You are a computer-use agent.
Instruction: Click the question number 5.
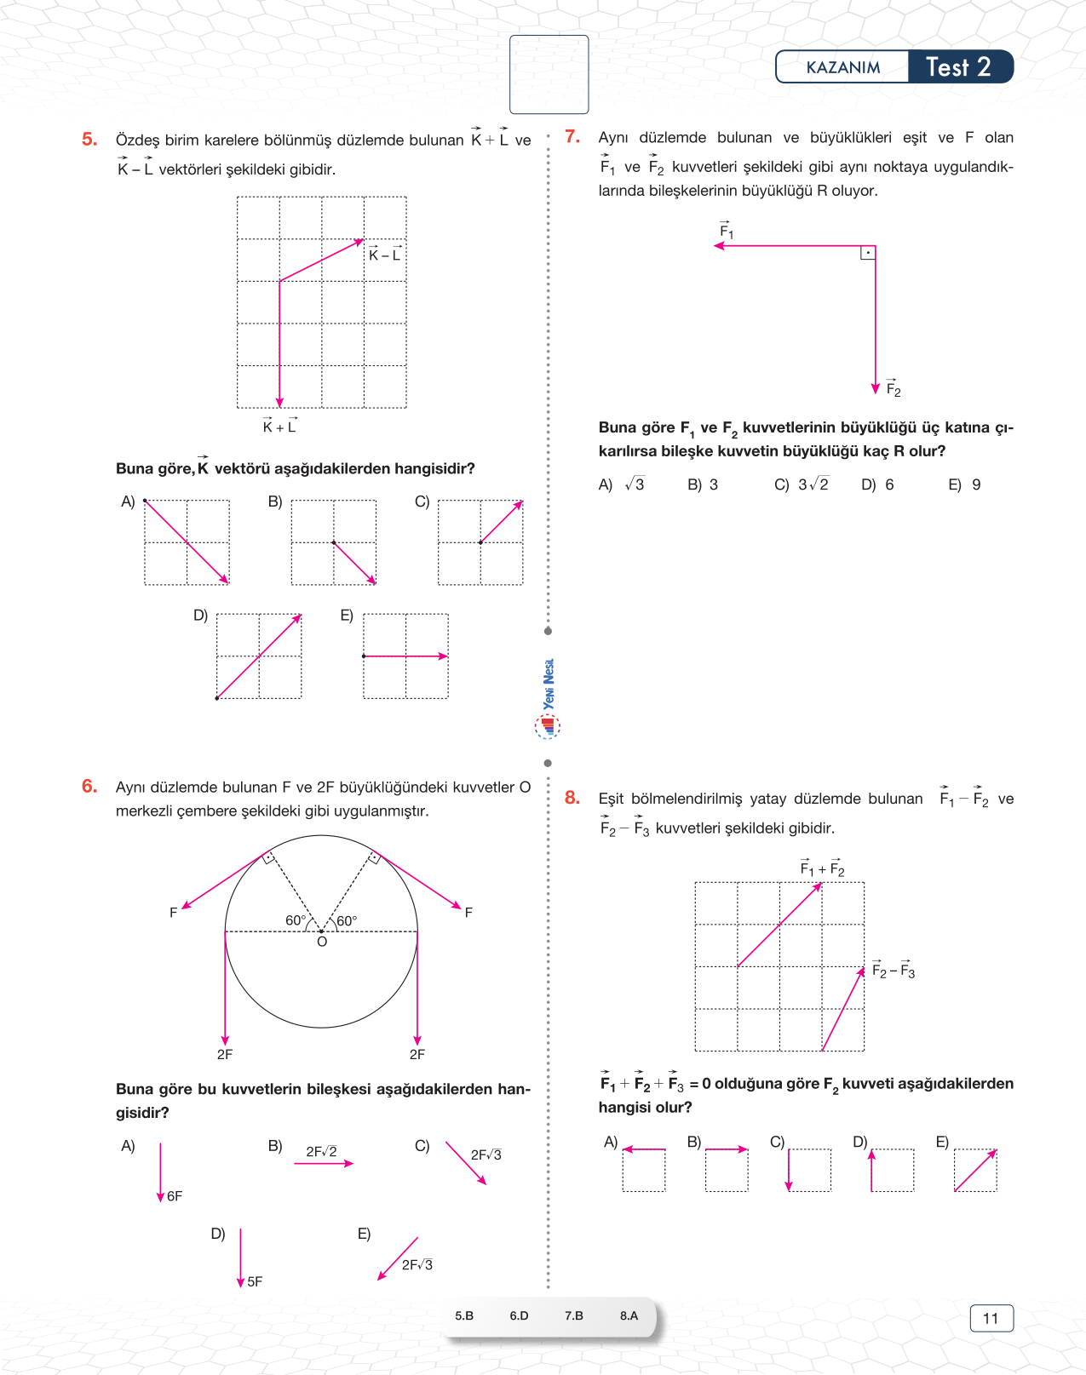[x=89, y=140]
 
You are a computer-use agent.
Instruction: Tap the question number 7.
[x=572, y=137]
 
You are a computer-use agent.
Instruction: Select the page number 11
[x=991, y=1318]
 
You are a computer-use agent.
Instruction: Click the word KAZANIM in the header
[x=842, y=67]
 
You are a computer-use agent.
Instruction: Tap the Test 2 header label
[x=958, y=67]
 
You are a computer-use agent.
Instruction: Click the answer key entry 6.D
[x=519, y=1315]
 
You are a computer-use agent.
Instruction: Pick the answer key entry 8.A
[x=629, y=1315]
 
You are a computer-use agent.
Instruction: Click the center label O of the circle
[x=322, y=942]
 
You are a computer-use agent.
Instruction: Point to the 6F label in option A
[x=175, y=1196]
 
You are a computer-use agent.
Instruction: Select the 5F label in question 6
[x=255, y=1281]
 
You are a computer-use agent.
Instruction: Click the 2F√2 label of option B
[x=321, y=1152]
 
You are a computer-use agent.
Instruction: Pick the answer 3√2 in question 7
[x=813, y=484]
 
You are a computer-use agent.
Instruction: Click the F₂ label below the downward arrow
[x=893, y=388]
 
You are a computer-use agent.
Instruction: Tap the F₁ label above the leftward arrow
[x=726, y=230]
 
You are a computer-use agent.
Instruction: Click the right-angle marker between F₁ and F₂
[x=868, y=253]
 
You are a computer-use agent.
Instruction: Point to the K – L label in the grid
[x=384, y=255]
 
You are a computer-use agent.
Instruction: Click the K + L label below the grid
[x=279, y=426]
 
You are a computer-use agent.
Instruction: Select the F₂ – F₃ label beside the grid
[x=894, y=971]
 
